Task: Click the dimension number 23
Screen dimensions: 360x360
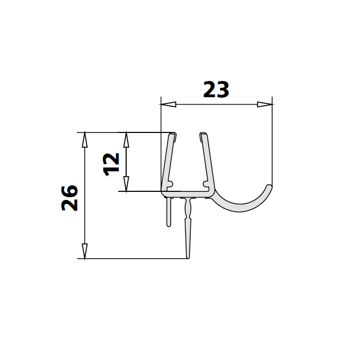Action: point(216,90)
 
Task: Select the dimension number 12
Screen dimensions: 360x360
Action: point(111,164)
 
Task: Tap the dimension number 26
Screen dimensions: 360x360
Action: point(70,198)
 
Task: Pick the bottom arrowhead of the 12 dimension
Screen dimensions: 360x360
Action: point(126,184)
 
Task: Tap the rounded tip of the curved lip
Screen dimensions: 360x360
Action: point(270,187)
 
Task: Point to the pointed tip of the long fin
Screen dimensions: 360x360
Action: point(188,257)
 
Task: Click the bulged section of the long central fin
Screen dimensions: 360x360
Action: point(187,210)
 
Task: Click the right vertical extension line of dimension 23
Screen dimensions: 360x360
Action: point(272,142)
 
